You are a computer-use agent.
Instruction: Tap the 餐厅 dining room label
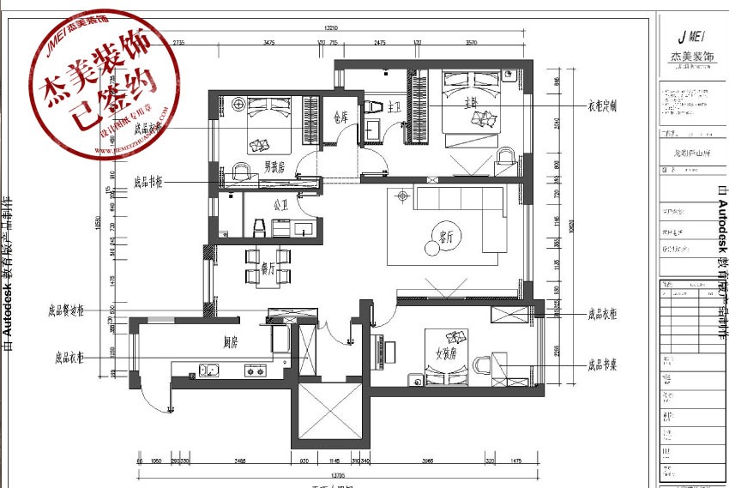tap(267, 269)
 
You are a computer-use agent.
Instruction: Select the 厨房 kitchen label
tap(231, 342)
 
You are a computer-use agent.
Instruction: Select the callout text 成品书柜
tap(149, 182)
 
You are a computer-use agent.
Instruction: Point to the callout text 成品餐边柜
tap(66, 311)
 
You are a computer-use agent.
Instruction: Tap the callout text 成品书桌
tap(602, 364)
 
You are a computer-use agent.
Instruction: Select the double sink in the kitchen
tap(208, 371)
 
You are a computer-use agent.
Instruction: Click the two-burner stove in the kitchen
tap(255, 371)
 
